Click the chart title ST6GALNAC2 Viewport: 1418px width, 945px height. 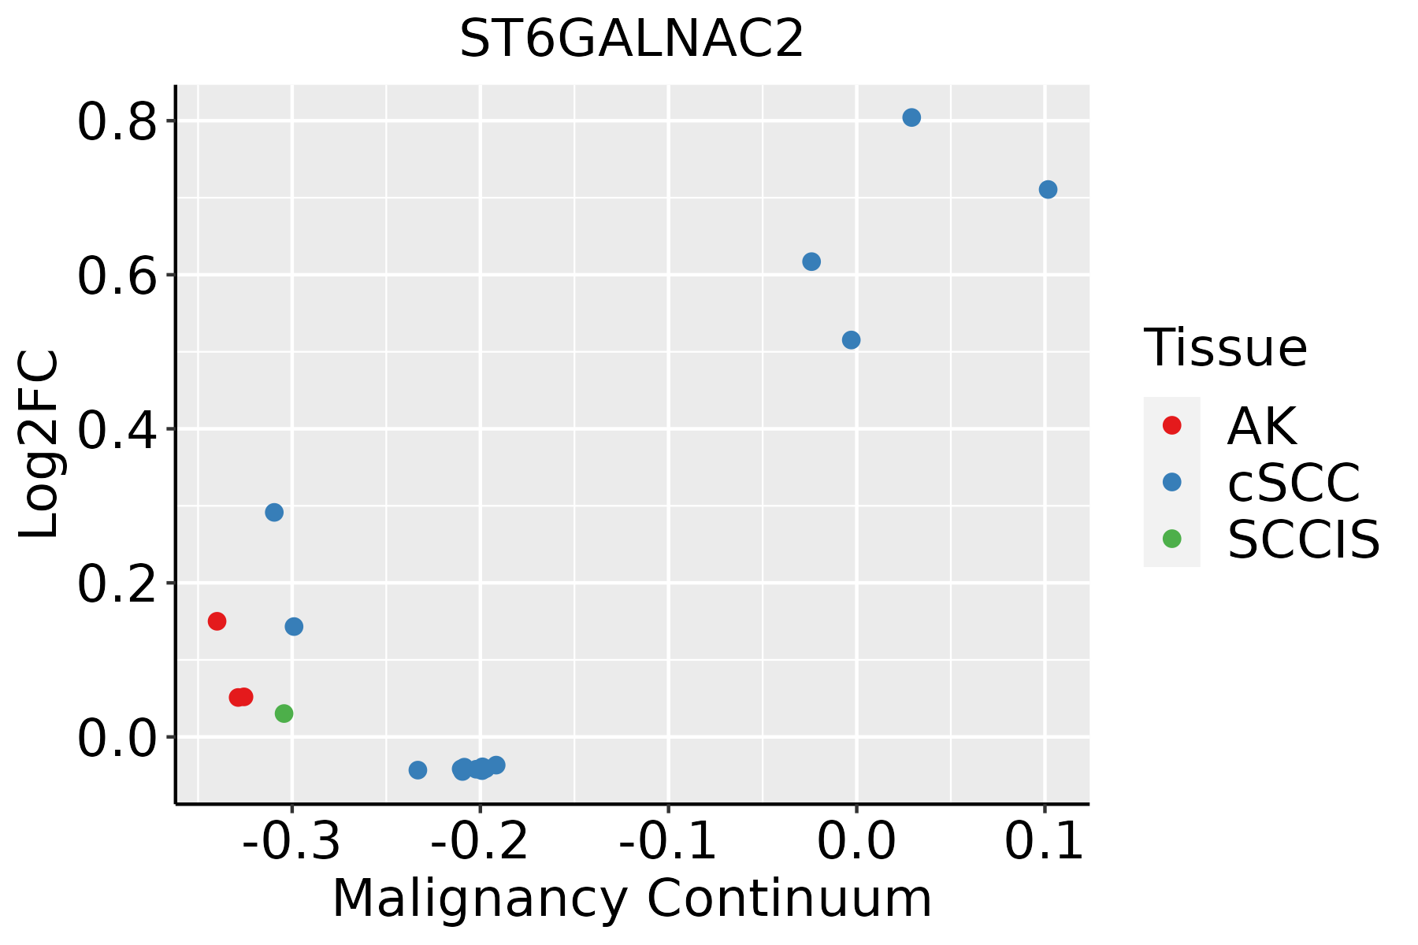tap(631, 39)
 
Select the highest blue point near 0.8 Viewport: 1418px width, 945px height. tap(911, 117)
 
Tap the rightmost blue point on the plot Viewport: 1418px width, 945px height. tap(1048, 190)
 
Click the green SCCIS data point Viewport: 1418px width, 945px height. tap(284, 713)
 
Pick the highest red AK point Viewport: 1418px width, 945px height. tap(217, 621)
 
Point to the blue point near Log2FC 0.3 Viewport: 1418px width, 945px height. tap(274, 513)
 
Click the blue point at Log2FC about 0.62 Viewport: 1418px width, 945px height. tap(811, 261)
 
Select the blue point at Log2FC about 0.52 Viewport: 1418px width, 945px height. tap(851, 340)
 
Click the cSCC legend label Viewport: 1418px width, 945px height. tap(1294, 483)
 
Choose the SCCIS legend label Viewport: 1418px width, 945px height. tap(1303, 539)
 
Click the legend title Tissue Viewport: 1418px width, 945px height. tap(1225, 347)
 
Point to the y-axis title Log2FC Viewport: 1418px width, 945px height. tap(39, 443)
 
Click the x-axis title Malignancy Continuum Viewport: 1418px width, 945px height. tap(632, 899)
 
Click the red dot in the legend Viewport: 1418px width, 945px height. tap(1171, 425)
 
